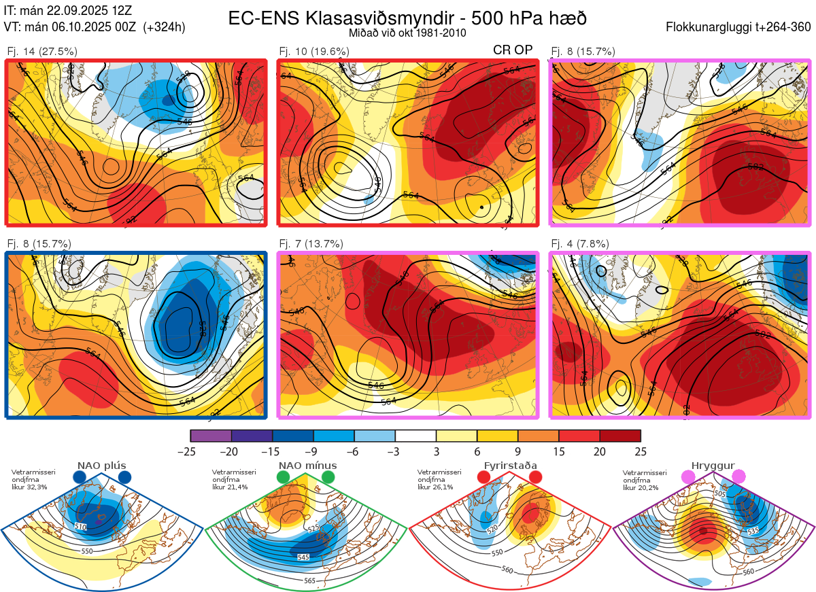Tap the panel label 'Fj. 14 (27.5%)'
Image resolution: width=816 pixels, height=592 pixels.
tap(42, 51)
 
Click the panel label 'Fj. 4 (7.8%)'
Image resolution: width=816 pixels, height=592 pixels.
tap(580, 244)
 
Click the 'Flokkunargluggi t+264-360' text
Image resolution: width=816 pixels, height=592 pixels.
tap(740, 27)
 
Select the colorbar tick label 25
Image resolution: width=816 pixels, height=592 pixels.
tap(641, 451)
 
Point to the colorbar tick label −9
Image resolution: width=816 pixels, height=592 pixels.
tap(313, 451)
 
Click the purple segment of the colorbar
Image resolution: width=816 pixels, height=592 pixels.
tap(211, 436)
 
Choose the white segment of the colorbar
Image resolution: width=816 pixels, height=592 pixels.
tap(415, 436)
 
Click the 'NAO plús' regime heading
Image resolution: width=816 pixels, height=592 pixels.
tap(101, 466)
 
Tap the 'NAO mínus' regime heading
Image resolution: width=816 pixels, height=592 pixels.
tap(307, 466)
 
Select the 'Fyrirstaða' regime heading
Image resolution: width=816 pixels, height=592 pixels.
tap(510, 466)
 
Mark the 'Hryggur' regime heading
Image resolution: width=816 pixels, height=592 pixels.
tap(715, 466)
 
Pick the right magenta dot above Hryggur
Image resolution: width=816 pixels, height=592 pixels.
tap(739, 478)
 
